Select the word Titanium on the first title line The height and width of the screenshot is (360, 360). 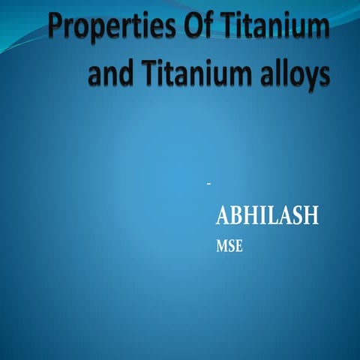pyautogui.click(x=276, y=28)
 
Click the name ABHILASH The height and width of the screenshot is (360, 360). pyautogui.click(x=267, y=217)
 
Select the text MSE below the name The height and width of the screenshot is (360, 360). pyautogui.click(x=229, y=247)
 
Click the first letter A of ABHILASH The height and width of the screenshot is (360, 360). pyautogui.click(x=223, y=217)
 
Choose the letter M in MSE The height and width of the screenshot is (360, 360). pyautogui.click(x=222, y=247)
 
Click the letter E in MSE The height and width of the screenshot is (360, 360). pyautogui.click(x=238, y=247)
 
